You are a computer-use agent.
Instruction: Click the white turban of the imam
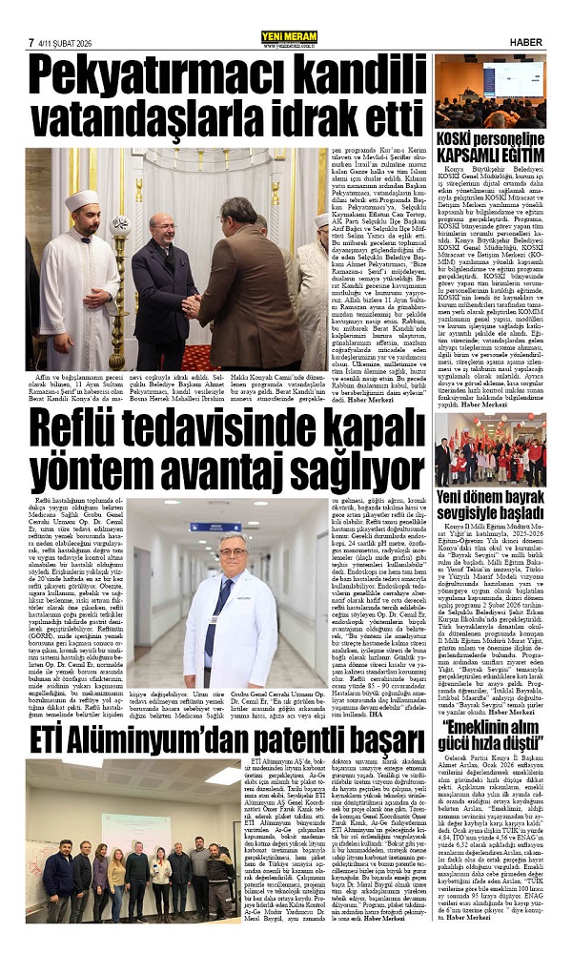(83, 202)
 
